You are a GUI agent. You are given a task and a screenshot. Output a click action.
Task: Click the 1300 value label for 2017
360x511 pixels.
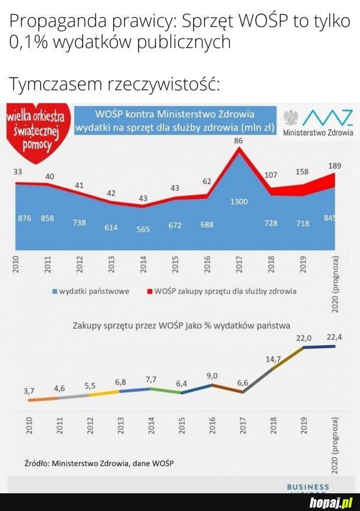coord(239,202)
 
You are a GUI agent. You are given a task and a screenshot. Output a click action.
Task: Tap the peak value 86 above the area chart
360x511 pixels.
coord(238,141)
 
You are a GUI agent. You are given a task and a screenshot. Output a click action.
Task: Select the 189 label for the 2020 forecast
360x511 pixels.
coord(334,165)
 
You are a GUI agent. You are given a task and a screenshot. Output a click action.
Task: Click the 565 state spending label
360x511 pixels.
coord(143,229)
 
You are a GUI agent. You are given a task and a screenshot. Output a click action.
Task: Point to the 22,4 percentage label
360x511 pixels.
coord(334,337)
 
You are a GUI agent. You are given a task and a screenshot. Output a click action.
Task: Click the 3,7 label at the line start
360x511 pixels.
coord(29,391)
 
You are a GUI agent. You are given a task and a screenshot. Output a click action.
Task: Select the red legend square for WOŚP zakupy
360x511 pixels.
coord(149,291)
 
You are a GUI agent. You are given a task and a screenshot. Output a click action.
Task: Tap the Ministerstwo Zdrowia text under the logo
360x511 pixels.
coord(319,133)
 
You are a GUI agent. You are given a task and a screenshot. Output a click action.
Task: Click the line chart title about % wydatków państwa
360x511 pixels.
coord(181,325)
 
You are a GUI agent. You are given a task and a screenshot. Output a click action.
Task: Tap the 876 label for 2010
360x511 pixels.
coord(24,218)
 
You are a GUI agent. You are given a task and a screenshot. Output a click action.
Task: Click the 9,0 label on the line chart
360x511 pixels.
coord(212,376)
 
